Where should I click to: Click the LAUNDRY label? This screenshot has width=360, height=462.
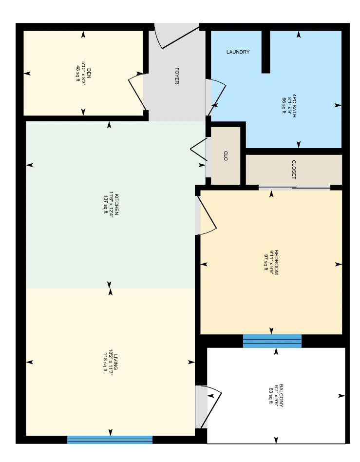coord(238,52)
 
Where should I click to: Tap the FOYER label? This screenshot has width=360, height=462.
coord(177,76)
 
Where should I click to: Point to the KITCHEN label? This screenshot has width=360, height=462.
coord(116,205)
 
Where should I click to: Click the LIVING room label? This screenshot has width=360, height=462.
coord(115,362)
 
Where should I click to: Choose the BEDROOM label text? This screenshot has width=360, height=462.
coord(276,263)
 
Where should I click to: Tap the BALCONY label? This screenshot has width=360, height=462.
coord(281,395)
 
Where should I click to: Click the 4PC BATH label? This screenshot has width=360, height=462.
coord(294,105)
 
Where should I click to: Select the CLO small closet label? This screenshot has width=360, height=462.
coord(226,156)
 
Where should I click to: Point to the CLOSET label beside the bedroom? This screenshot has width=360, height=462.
coord(294,170)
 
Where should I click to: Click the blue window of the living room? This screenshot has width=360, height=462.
coord(110,440)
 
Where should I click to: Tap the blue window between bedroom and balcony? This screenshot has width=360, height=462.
coord(272,341)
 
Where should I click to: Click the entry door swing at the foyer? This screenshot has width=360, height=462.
coord(177,38)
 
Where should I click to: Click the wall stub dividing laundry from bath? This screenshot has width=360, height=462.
coord(265,52)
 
